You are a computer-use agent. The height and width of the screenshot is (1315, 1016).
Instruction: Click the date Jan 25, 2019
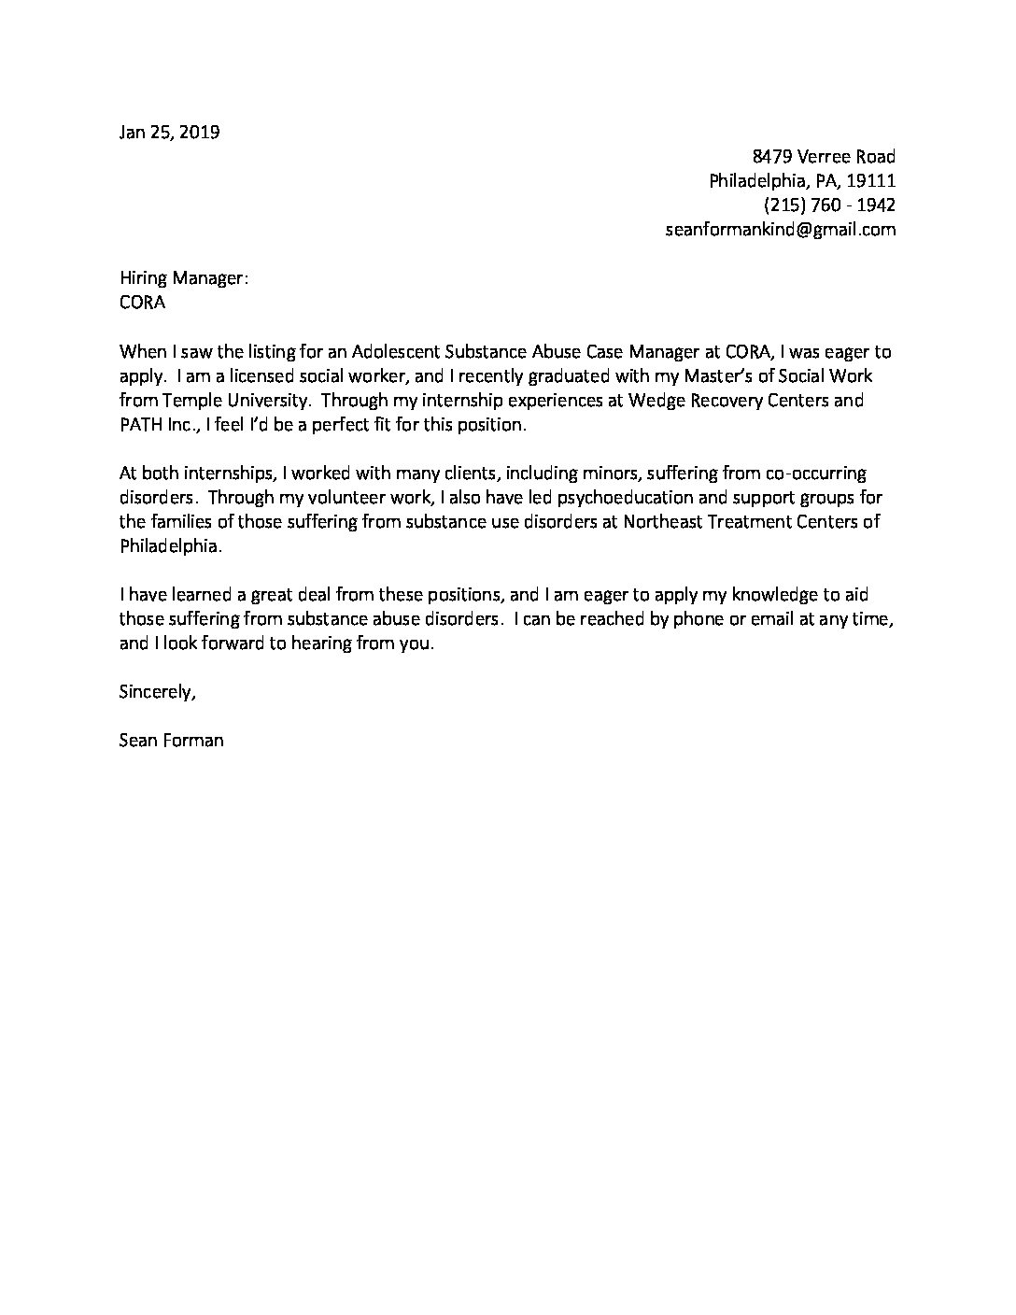pyautogui.click(x=169, y=132)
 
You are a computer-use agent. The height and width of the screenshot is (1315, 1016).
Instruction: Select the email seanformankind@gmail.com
pyautogui.click(x=780, y=229)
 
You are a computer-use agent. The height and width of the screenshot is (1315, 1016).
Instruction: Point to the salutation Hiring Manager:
pyautogui.click(x=184, y=278)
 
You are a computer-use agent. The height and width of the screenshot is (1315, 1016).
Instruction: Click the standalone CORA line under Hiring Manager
pyautogui.click(x=142, y=303)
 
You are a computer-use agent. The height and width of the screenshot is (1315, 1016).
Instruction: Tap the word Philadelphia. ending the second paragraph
pyautogui.click(x=171, y=546)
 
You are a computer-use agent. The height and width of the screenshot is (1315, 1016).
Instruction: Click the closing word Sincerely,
pyautogui.click(x=158, y=692)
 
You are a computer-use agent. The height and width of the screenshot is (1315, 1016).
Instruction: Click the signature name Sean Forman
pyautogui.click(x=172, y=742)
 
